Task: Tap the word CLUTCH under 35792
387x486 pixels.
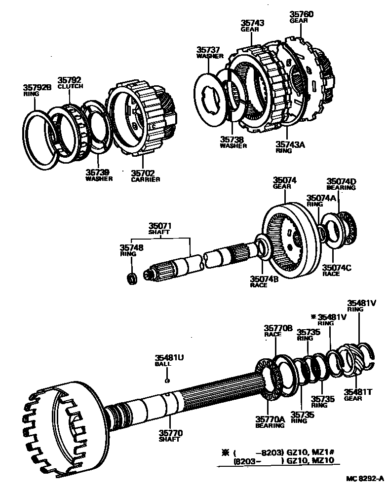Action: [71, 86]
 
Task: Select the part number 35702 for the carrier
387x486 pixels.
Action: [143, 173]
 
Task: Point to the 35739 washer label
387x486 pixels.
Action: [98, 173]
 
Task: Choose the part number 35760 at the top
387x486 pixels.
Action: [301, 15]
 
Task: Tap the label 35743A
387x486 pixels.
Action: [291, 144]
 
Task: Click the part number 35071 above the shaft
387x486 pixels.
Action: [160, 225]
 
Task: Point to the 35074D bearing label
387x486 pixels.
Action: [341, 181]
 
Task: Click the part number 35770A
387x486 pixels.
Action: [270, 419]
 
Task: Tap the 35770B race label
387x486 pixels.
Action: [278, 328]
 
